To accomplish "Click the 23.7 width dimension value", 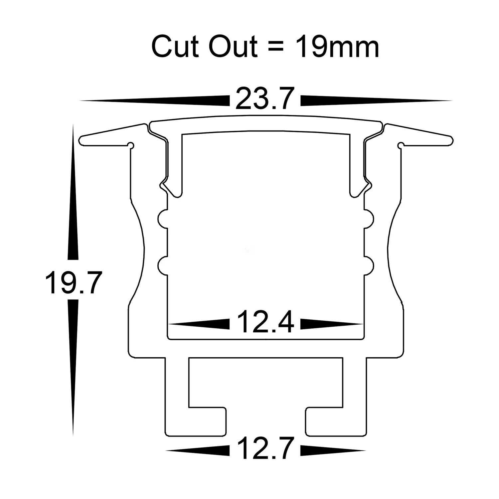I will click(265, 98).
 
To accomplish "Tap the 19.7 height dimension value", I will click(73, 283).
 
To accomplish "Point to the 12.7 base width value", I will click(265, 449).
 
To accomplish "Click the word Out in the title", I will click(233, 47).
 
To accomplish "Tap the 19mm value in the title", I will click(336, 47).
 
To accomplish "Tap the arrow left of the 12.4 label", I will click(200, 323).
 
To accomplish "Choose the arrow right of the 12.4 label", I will click(331, 323).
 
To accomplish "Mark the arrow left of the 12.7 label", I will click(198, 451).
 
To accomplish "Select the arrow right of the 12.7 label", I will click(333, 451).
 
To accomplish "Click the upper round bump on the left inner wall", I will click(162, 219).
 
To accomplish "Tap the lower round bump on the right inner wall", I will click(369, 266).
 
